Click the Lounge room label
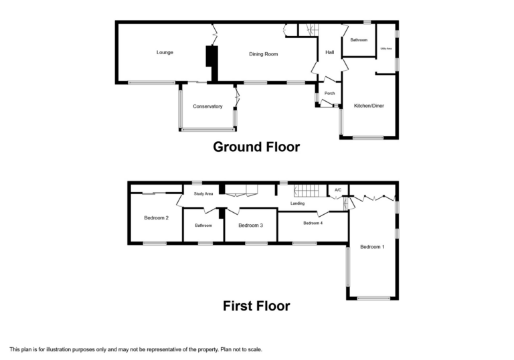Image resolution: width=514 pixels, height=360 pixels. [x=165, y=52]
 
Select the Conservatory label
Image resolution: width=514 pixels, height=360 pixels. [x=207, y=106]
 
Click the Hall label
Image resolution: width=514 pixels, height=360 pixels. [x=329, y=52]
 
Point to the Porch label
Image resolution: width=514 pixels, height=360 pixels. [x=329, y=93]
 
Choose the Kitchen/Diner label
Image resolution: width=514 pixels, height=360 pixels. [x=369, y=106]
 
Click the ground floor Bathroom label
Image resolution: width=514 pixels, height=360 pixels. [x=359, y=40]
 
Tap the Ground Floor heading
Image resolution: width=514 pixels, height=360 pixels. [x=256, y=147]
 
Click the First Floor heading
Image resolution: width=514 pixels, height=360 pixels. [x=256, y=306]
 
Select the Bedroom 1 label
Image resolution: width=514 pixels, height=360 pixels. [x=372, y=247]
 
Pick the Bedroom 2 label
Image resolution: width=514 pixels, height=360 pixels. [x=156, y=217]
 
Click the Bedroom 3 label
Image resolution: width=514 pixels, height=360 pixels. [x=250, y=226]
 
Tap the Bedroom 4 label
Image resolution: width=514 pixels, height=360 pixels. [x=313, y=223]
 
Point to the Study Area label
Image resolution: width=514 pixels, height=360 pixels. [x=203, y=194]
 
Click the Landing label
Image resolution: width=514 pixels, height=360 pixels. [x=297, y=203]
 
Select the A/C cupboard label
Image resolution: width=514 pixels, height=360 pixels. [x=338, y=191]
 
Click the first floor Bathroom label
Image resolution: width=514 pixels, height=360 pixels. [x=203, y=226]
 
